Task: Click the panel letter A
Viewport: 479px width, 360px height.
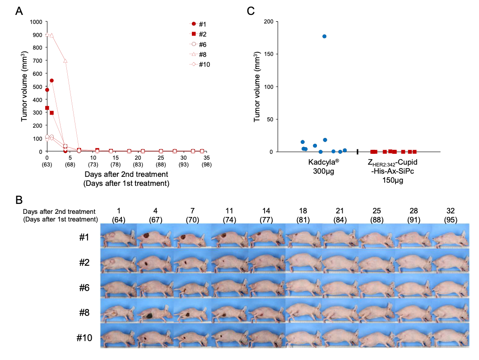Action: coord(19,11)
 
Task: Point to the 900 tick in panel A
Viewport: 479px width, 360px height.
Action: coord(37,35)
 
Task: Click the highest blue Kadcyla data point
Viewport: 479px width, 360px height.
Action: coord(324,36)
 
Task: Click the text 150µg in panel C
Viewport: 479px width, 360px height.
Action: coord(392,180)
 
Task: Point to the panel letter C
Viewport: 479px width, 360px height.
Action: coord(251,11)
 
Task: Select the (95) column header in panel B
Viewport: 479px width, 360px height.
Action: coord(450,220)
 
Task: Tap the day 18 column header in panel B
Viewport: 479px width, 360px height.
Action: coord(302,211)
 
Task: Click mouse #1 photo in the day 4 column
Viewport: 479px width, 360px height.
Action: coord(155,237)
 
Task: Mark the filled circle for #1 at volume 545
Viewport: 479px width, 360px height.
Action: coord(51,81)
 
